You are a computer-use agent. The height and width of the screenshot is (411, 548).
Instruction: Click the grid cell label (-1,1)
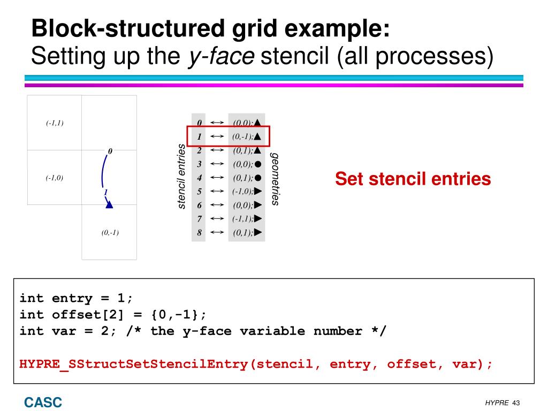55,123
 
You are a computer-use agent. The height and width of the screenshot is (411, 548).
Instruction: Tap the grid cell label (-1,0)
55,178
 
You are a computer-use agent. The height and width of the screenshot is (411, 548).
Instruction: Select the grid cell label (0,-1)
110,233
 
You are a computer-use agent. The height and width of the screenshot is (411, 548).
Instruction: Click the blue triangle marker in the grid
109,203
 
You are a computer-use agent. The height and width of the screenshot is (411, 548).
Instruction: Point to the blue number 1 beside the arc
105,192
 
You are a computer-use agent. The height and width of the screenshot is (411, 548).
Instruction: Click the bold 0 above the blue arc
110,151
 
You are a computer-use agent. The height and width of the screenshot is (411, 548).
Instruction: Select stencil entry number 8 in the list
199,233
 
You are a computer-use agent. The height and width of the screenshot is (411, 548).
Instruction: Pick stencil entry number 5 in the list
199,191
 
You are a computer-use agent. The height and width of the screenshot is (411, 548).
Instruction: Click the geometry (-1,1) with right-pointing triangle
247,219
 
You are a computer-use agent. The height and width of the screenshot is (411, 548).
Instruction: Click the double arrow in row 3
217,164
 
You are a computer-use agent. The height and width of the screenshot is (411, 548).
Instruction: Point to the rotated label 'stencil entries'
181,177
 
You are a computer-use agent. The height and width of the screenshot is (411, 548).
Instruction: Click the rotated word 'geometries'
275,179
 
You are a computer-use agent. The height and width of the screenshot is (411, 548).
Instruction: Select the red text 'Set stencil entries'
413,179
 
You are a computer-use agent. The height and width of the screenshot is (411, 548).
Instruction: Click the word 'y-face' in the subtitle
220,56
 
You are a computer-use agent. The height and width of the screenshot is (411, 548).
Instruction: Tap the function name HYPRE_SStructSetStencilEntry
134,364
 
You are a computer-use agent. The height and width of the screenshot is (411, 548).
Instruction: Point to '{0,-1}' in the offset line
174,314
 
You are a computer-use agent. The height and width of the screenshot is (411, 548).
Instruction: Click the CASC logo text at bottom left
42,402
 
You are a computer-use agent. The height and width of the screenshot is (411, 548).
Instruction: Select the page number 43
516,402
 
